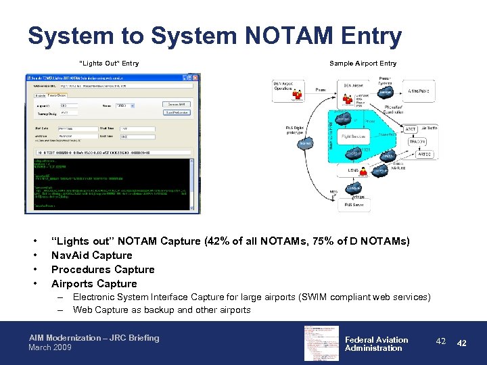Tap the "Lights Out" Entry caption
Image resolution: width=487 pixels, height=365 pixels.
tap(109, 64)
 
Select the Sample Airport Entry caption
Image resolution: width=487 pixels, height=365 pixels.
tap(363, 64)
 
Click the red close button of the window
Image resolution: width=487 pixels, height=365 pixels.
tap(197, 78)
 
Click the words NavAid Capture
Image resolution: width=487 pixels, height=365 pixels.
tap(92, 255)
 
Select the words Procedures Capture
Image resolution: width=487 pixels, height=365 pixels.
tap(103, 270)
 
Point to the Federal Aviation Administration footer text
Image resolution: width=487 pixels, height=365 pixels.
tap(376, 344)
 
